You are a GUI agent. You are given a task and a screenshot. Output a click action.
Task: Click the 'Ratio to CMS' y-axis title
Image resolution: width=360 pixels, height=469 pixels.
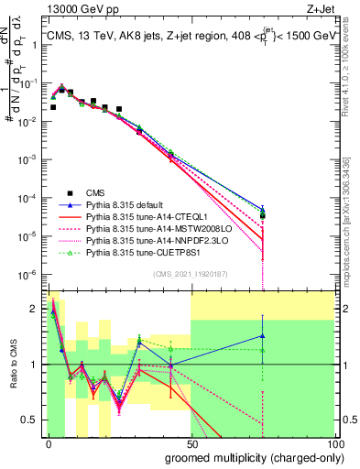[13, 364]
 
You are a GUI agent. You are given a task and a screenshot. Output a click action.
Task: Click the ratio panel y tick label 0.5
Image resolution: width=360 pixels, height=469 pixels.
[30, 420]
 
